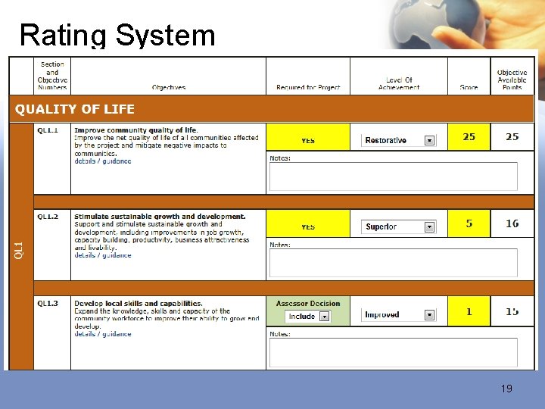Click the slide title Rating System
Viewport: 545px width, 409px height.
point(117,35)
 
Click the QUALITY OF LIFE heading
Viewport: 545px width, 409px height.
point(75,109)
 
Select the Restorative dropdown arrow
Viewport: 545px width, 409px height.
point(429,140)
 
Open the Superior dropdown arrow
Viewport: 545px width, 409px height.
point(429,226)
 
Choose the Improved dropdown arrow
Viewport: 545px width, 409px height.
point(429,315)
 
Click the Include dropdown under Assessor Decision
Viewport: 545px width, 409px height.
point(324,317)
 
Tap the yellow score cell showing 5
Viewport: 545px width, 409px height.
point(469,223)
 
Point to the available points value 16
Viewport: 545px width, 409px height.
point(512,223)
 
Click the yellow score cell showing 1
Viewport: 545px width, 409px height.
point(469,311)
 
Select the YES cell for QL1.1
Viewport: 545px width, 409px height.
point(308,140)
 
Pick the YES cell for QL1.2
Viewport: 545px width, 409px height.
point(308,226)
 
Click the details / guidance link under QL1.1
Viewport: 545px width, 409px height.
point(103,161)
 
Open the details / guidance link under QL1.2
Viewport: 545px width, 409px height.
point(103,255)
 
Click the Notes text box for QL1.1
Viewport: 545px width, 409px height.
point(393,176)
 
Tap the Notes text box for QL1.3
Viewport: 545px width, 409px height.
point(393,352)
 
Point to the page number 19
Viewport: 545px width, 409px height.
point(506,389)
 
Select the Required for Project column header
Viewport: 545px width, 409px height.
point(308,87)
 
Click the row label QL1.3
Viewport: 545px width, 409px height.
point(48,304)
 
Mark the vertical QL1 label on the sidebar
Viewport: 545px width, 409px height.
point(20,250)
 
